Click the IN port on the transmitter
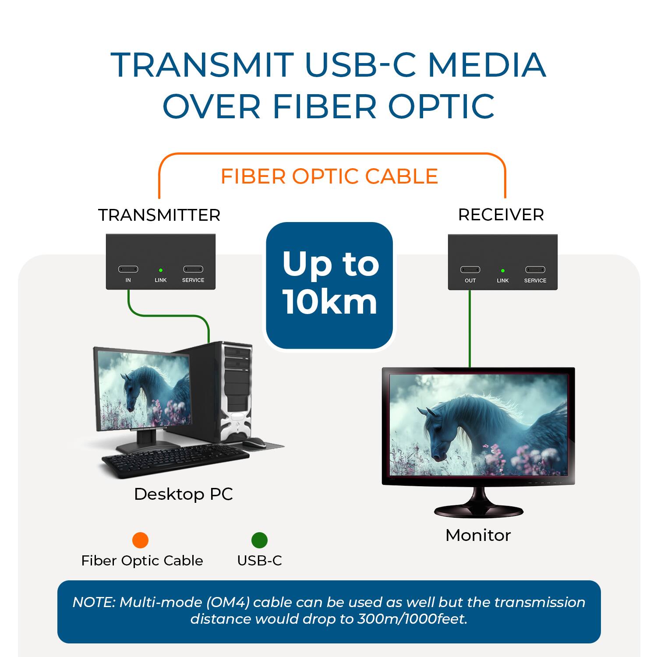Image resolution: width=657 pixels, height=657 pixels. pyautogui.click(x=128, y=269)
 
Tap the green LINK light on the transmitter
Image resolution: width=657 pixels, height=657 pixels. pyautogui.click(x=161, y=271)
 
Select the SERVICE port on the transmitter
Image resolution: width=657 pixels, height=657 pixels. pyautogui.click(x=193, y=269)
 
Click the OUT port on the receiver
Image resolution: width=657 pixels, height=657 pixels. pyautogui.click(x=470, y=270)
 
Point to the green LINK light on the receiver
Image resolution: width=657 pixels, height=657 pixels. pyautogui.click(x=503, y=271)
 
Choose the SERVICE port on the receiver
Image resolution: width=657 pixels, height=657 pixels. pyautogui.click(x=535, y=270)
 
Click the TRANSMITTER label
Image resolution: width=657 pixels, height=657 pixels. pyautogui.click(x=159, y=215)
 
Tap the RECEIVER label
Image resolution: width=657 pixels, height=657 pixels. pyautogui.click(x=501, y=215)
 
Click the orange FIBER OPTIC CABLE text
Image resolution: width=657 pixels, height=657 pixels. pyautogui.click(x=329, y=176)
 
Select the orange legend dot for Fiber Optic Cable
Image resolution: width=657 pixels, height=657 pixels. pyautogui.click(x=140, y=540)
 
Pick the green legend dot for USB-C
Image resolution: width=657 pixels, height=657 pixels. pyautogui.click(x=259, y=540)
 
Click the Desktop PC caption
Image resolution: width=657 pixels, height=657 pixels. pyautogui.click(x=183, y=494)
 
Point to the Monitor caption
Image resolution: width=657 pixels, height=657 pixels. pyautogui.click(x=478, y=535)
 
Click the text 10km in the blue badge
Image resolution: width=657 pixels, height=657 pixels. pyautogui.click(x=329, y=302)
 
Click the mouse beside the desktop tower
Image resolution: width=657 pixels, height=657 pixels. pyautogui.click(x=254, y=443)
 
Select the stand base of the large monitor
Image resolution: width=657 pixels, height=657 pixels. pyautogui.click(x=479, y=511)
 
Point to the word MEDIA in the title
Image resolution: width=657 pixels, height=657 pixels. pyautogui.click(x=486, y=65)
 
